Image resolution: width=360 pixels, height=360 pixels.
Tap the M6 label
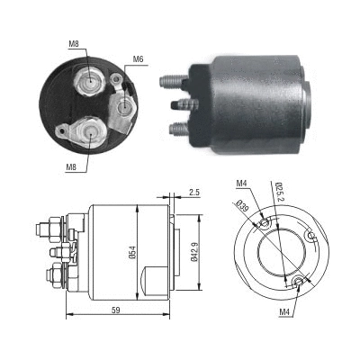138,60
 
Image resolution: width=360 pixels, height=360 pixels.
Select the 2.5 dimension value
194,191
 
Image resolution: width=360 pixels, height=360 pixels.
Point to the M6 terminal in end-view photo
121,107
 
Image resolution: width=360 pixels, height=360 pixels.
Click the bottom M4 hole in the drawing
298,284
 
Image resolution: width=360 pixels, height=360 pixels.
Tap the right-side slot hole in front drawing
311,237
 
